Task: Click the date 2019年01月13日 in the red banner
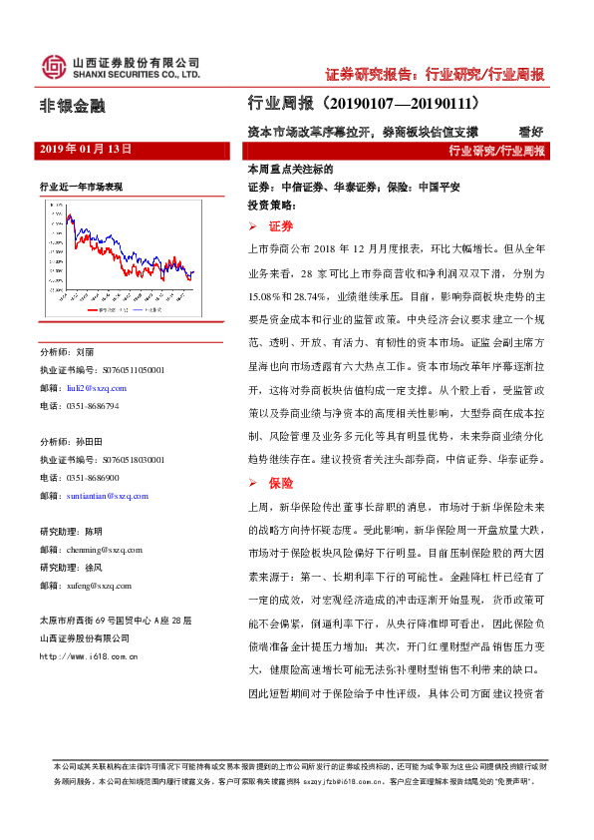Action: point(85,149)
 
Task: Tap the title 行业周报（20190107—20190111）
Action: point(364,103)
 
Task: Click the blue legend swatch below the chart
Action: point(136,311)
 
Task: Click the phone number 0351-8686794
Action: point(92,406)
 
